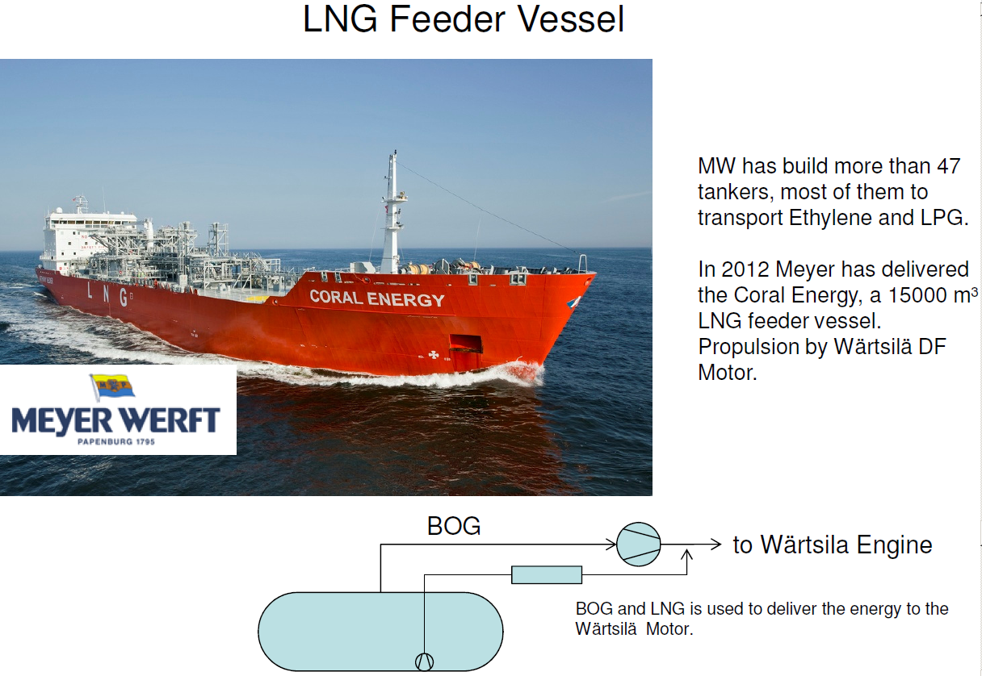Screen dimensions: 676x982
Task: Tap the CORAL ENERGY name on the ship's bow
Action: click(377, 298)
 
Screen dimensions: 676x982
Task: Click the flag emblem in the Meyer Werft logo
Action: click(112, 388)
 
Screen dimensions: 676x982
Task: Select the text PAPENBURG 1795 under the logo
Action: click(115, 442)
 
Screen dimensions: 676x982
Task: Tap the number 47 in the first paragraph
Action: click(946, 167)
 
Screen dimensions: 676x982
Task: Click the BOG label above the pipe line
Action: click(454, 527)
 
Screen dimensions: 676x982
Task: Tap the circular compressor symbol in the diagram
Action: click(638, 544)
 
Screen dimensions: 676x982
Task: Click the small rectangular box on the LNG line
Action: click(547, 574)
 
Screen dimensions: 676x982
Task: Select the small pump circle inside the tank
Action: click(424, 661)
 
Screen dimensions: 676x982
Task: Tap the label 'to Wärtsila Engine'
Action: click(832, 545)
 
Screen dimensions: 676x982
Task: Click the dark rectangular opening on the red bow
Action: click(466, 343)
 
